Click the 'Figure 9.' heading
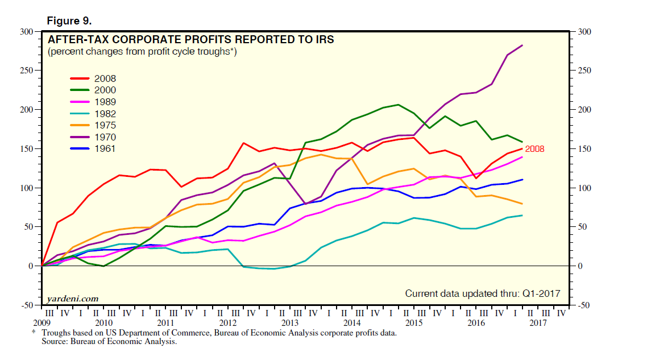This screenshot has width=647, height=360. tap(69, 20)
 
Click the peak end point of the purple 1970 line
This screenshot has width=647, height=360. tap(522, 45)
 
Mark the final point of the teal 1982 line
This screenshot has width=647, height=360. tap(522, 215)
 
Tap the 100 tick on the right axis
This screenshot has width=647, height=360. tap(584, 188)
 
